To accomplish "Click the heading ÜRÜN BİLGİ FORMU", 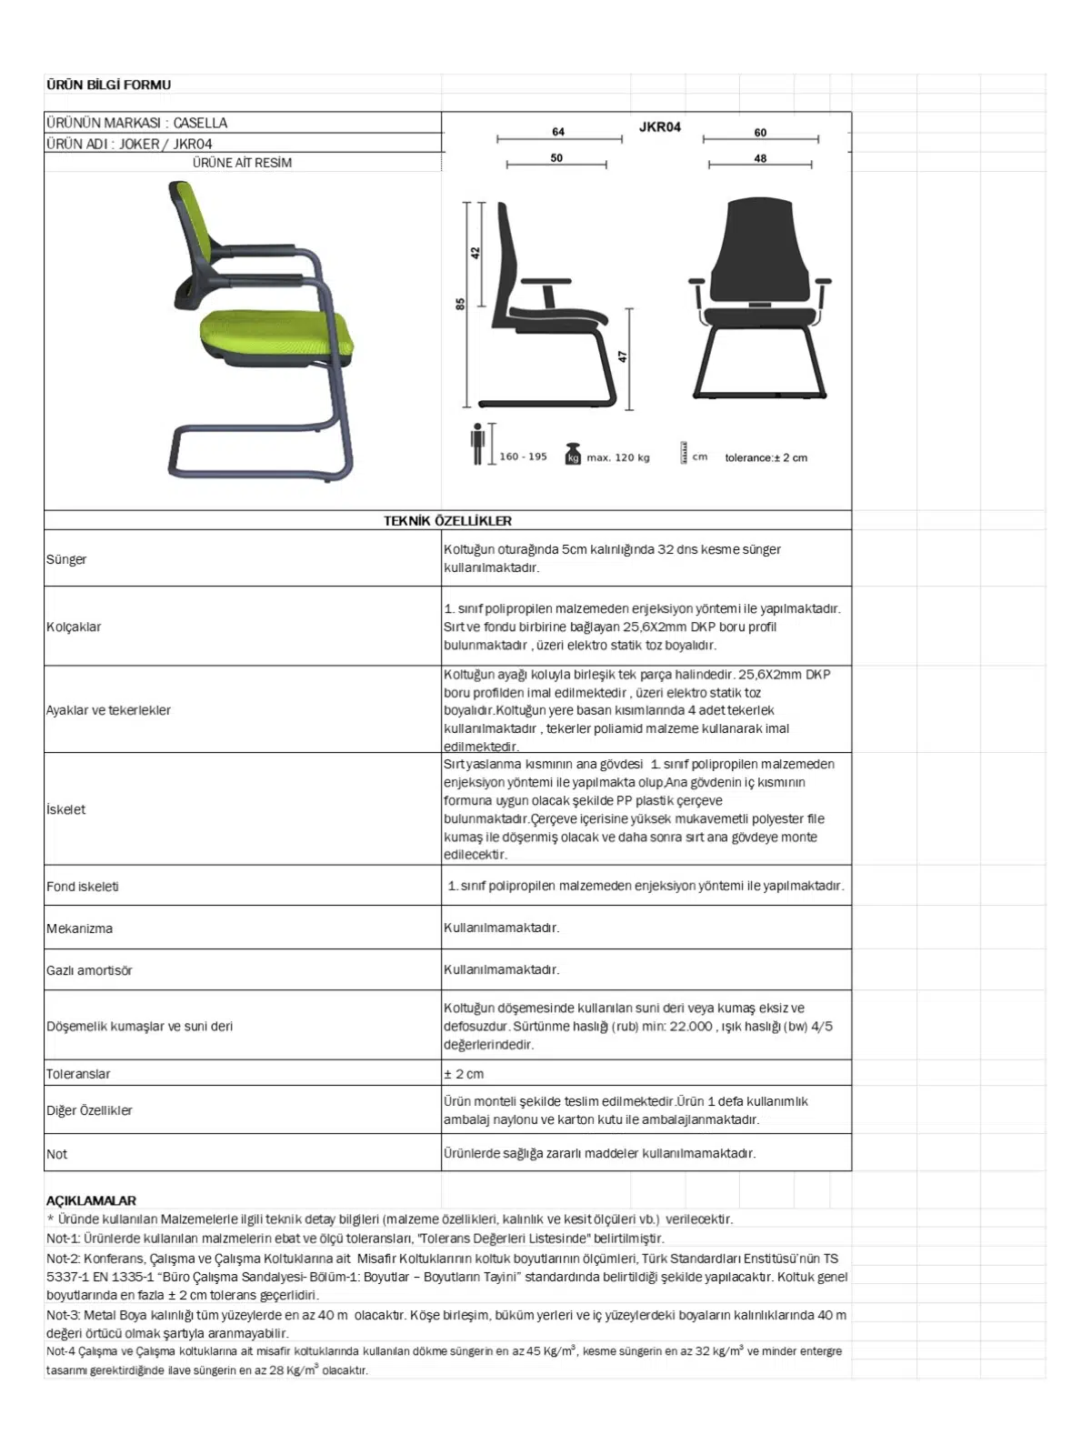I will point(108,85).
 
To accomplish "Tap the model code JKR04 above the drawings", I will point(659,127).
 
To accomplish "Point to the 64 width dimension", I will point(558,132).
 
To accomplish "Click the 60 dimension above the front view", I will point(760,133).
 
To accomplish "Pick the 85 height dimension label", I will point(460,304).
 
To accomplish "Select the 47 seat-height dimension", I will point(623,356).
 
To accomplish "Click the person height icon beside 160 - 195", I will point(477,444).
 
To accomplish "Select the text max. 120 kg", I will point(618,457).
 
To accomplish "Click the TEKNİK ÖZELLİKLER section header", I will point(447,521).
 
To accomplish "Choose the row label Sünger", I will point(66,559).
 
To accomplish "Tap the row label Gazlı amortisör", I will point(89,970).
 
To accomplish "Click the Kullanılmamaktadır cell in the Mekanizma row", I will point(501,928).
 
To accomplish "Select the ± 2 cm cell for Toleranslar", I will point(464,1074).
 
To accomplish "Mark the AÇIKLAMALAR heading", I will point(91,1200).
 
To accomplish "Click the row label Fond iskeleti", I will point(83,887).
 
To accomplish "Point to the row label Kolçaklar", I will point(74,627).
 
